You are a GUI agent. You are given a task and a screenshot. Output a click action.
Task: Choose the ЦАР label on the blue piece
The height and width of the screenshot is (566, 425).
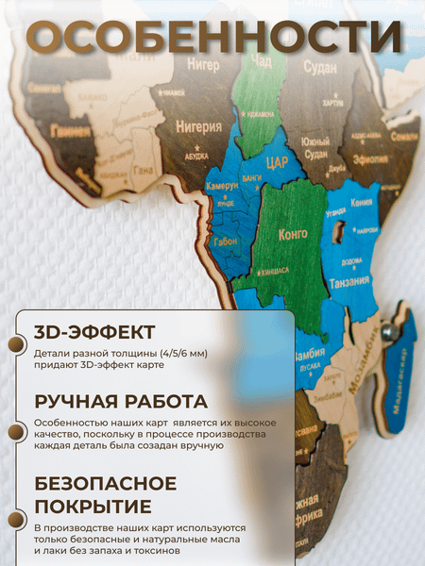coord(277,162)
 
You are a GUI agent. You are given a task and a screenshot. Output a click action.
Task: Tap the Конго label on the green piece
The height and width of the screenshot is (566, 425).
coord(294,233)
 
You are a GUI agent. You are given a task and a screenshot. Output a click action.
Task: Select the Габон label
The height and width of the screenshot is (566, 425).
coord(226,241)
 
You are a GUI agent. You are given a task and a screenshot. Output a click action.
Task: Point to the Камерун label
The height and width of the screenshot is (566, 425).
coord(223,186)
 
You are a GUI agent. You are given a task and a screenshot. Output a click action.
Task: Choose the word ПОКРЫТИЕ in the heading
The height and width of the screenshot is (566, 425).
coord(93,506)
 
